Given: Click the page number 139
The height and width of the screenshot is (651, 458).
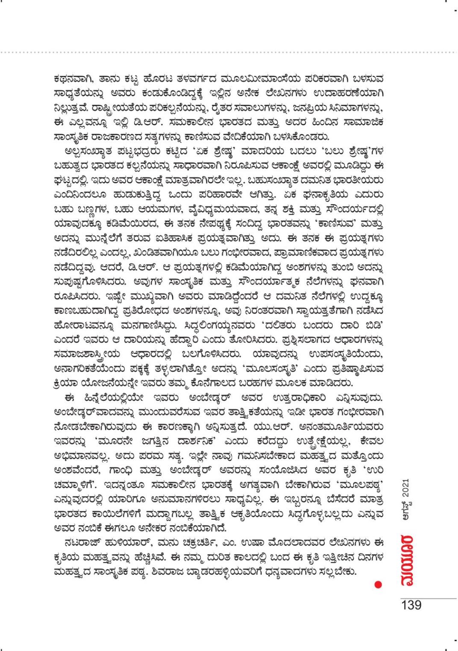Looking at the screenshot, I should pos(411,605).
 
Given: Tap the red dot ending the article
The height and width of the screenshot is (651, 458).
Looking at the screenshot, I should pos(378,584).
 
